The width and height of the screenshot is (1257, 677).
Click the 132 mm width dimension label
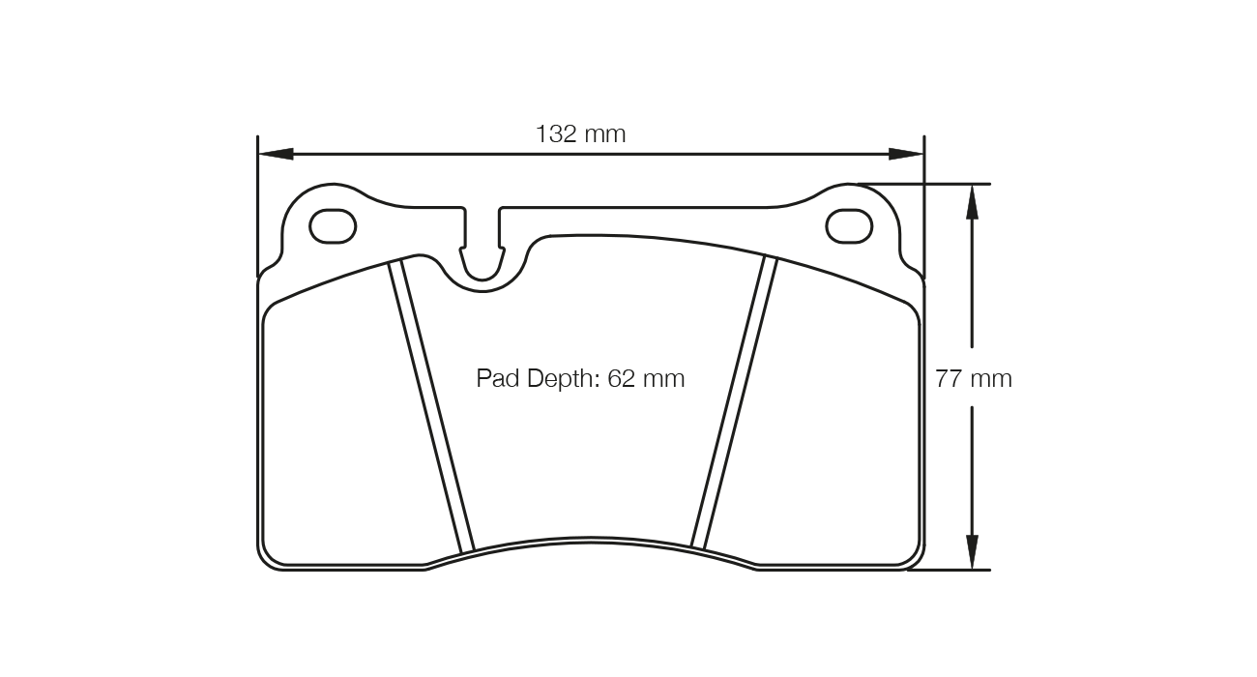pyautogui.click(x=580, y=134)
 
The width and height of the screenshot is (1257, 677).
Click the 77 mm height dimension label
pyautogui.click(x=973, y=379)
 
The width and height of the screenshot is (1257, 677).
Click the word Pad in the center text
pyautogui.click(x=498, y=378)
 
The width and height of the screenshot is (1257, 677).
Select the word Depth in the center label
pyautogui.click(x=564, y=378)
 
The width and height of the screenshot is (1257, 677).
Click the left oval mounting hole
pyautogui.click(x=333, y=227)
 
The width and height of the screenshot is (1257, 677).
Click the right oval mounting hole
pyautogui.click(x=849, y=227)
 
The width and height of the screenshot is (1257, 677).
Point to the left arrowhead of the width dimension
pyautogui.click(x=277, y=154)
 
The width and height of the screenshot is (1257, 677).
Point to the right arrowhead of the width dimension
pyautogui.click(x=906, y=154)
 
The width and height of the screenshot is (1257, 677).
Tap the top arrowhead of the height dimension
pyautogui.click(x=972, y=202)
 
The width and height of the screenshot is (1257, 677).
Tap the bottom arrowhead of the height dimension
pyautogui.click(x=972, y=551)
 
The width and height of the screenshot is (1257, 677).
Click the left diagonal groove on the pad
pyautogui.click(x=431, y=406)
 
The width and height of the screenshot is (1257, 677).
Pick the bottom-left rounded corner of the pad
pyautogui.click(x=274, y=555)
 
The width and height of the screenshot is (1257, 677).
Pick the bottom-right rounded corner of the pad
pyautogui.click(x=909, y=555)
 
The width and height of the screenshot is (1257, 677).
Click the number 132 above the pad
pyautogui.click(x=556, y=134)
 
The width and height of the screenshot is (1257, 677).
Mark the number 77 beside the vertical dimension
pyautogui.click(x=948, y=379)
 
